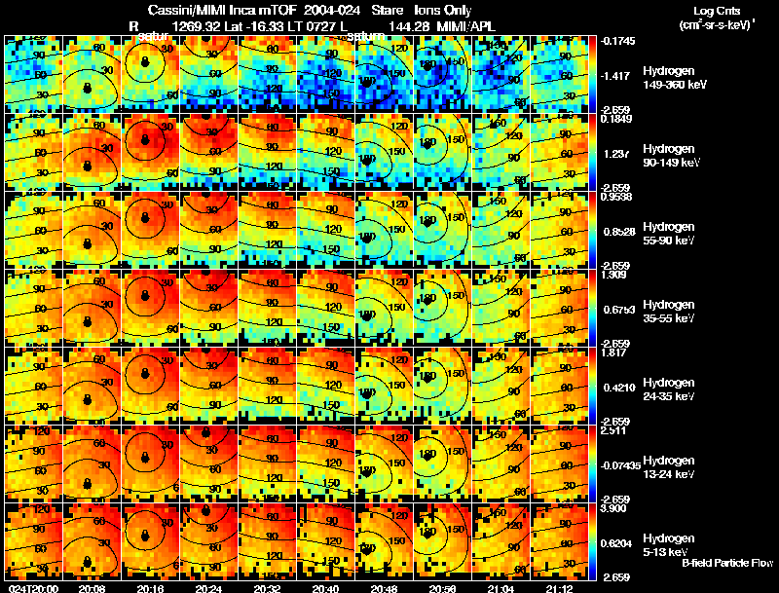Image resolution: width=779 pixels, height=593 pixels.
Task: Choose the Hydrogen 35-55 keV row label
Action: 670,311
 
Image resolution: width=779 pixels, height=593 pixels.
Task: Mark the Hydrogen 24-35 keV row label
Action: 670,389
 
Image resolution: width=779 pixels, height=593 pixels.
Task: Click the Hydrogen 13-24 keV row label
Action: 670,466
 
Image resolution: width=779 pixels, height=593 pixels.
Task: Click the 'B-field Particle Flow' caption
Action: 727,563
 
